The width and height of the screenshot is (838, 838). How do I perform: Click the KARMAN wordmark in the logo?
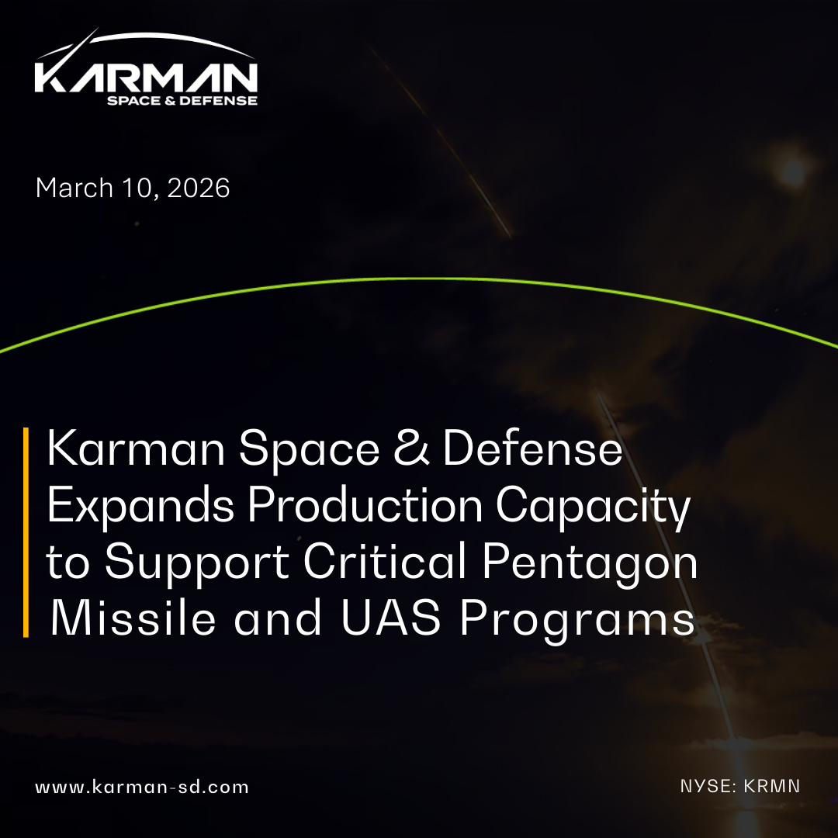(146, 78)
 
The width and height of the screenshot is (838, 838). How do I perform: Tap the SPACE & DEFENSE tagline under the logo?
(182, 100)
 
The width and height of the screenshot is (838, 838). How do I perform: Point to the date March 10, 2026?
(133, 188)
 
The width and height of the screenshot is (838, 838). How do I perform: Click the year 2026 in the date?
(199, 188)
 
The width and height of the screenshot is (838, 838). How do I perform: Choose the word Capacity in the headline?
(594, 507)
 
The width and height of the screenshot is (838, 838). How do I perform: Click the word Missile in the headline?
(133, 618)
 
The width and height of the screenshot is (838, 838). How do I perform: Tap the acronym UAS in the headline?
(391, 618)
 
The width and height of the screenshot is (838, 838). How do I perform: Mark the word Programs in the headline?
(578, 621)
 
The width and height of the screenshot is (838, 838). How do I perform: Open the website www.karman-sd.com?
(142, 788)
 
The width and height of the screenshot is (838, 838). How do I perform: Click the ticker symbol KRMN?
(772, 786)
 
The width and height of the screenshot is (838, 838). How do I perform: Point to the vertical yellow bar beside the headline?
(26, 532)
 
